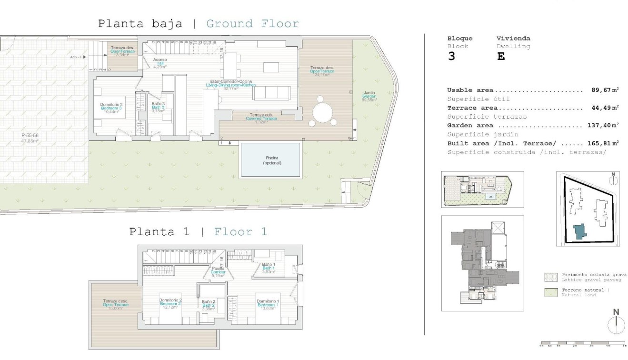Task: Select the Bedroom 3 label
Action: [112, 107]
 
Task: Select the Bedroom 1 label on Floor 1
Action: [268, 304]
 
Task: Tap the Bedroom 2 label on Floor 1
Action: [170, 303]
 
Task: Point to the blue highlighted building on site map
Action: [579, 231]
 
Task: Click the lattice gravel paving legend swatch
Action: [550, 278]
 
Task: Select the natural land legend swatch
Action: [550, 292]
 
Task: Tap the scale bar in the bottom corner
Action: [583, 342]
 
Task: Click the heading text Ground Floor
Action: [252, 24]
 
